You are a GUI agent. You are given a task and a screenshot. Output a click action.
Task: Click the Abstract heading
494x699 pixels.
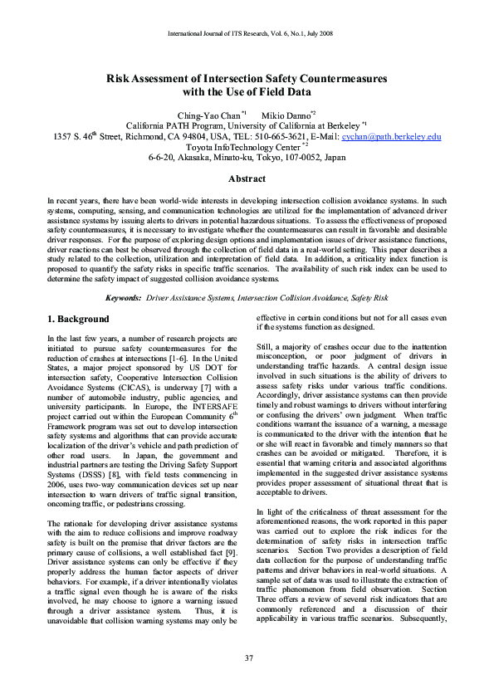point(247,179)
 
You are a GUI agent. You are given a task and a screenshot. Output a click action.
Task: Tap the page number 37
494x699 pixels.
point(247,658)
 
